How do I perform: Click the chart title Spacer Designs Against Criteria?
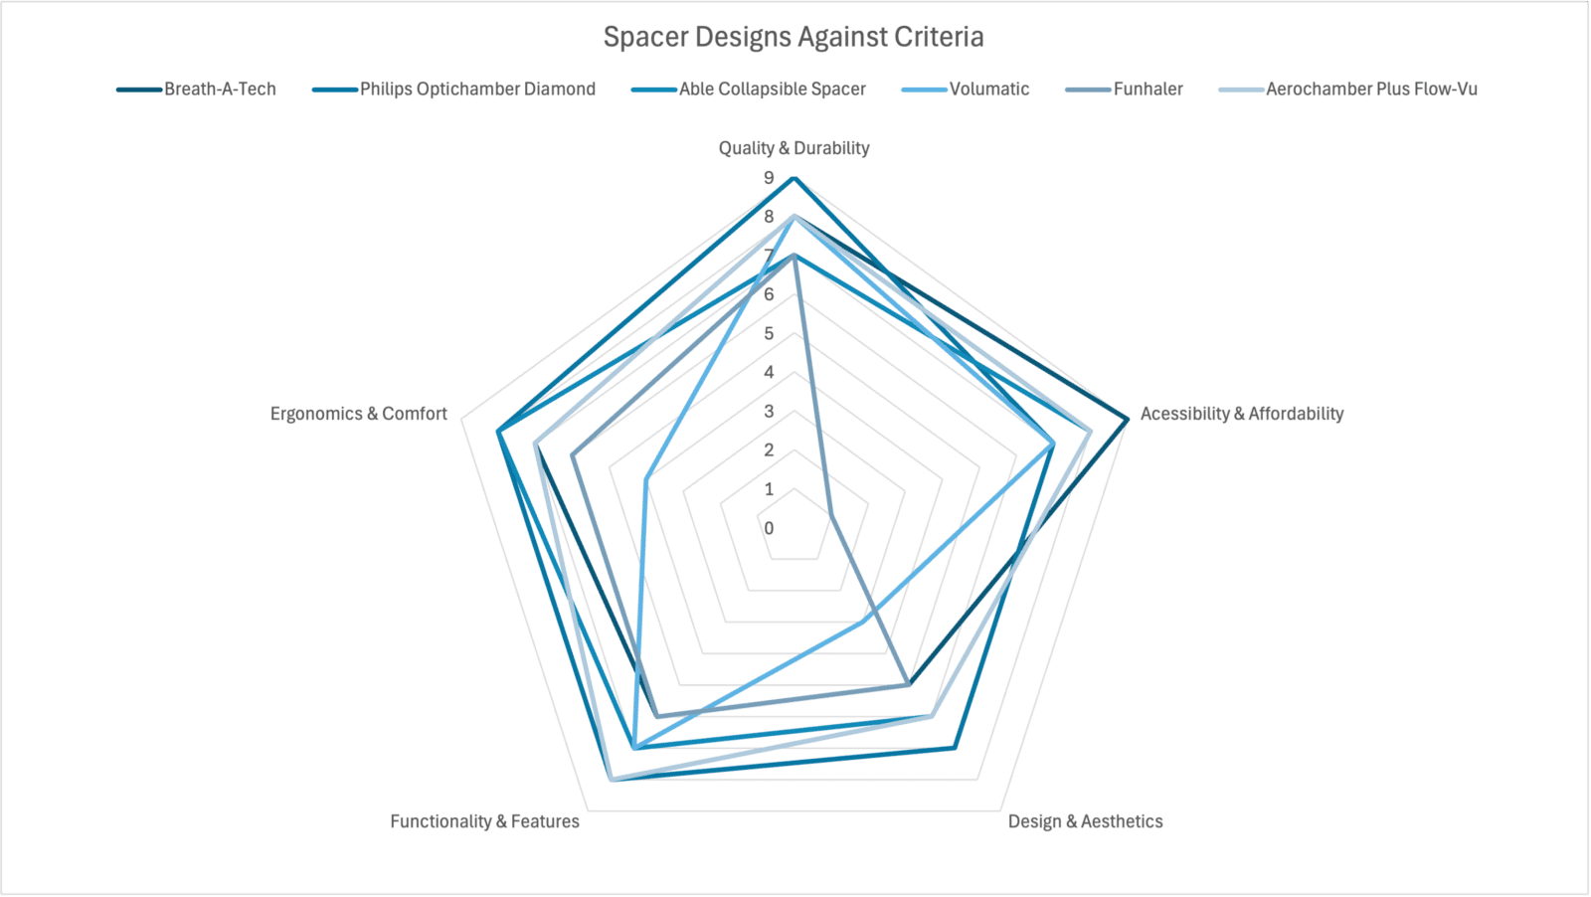794,37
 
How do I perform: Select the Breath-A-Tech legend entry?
220,90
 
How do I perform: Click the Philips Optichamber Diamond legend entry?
477,90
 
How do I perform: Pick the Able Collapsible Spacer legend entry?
772,90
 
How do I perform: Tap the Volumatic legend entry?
988,90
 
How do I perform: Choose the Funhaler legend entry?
1148,90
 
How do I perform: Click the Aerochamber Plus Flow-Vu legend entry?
1371,90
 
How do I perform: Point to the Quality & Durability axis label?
794,148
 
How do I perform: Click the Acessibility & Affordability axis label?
1241,414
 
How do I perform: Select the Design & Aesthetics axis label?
1085,821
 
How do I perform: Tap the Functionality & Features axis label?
484,821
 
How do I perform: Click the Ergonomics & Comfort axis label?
358,414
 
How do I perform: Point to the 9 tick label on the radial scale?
769,178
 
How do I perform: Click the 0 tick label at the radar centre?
769,528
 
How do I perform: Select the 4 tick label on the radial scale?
769,373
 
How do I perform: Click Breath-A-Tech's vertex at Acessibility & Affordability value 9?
1127,420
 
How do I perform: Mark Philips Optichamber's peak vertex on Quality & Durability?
794,178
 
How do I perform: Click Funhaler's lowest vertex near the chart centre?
830,515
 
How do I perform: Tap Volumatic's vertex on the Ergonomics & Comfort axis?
646,479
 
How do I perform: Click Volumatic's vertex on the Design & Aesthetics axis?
862,623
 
